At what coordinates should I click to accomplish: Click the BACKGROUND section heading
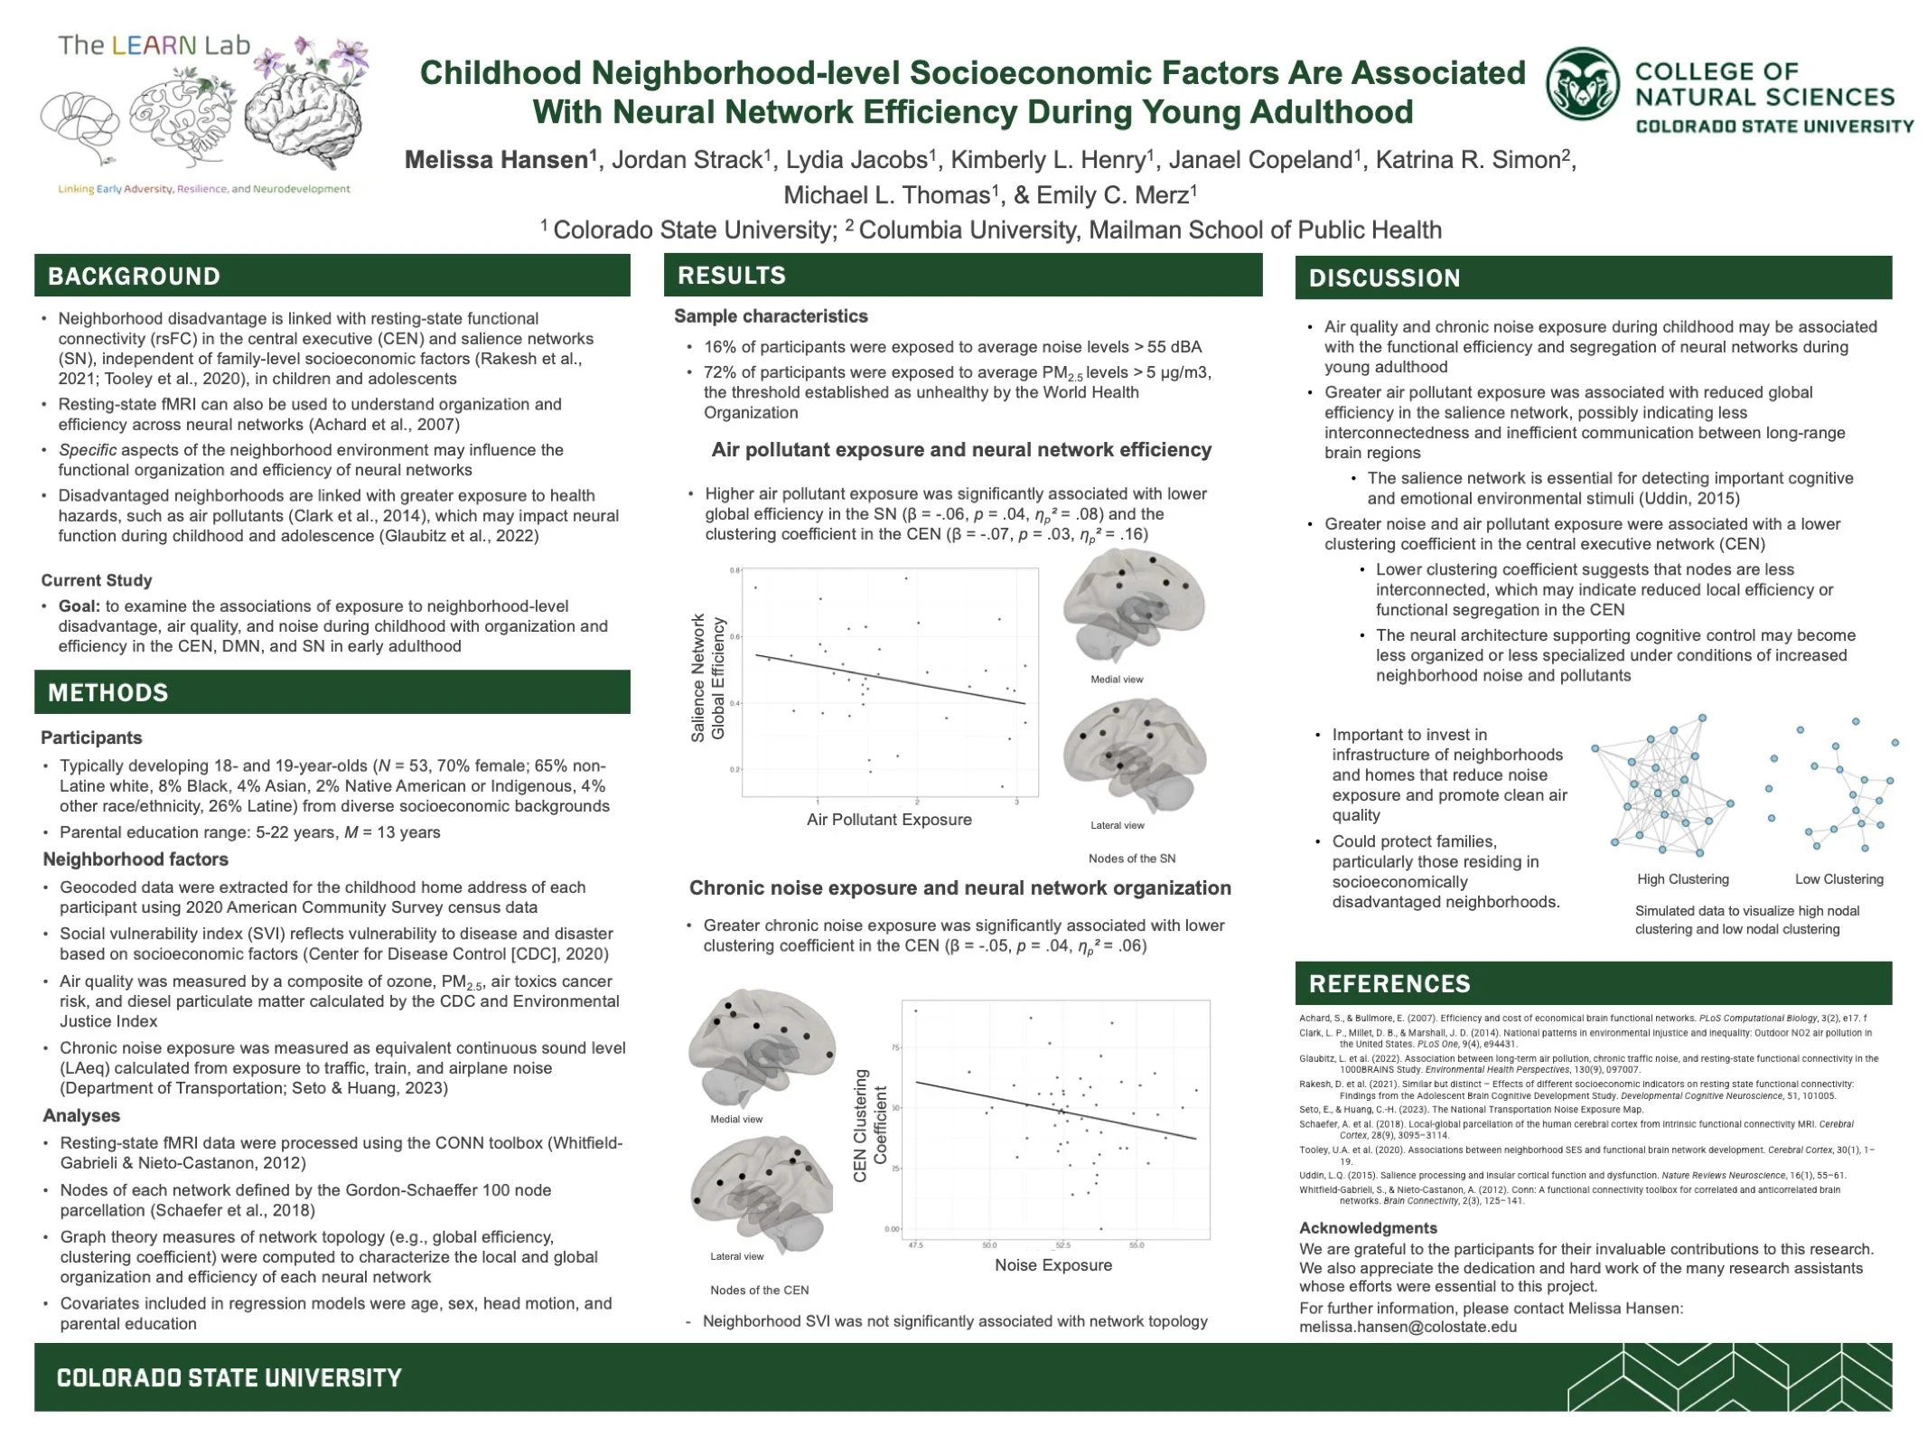[x=134, y=277]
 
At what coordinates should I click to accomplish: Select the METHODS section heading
[x=108, y=693]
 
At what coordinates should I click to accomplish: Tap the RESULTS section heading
[x=732, y=276]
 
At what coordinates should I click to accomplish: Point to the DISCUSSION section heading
[x=1384, y=278]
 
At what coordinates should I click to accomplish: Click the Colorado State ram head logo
[x=1582, y=84]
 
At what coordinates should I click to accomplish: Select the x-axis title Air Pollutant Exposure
[x=889, y=820]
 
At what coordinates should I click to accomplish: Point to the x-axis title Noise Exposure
[x=1052, y=1265]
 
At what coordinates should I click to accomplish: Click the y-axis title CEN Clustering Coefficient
[x=871, y=1126]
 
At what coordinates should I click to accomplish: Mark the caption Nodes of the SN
[x=1131, y=859]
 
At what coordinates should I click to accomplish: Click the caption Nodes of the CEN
[x=759, y=1290]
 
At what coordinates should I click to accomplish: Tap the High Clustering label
[x=1682, y=879]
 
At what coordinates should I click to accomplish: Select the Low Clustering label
[x=1838, y=879]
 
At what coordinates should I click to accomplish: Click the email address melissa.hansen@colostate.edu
[x=1408, y=1327]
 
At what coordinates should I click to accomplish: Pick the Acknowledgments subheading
[x=1368, y=1228]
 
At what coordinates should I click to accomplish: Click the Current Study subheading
[x=97, y=580]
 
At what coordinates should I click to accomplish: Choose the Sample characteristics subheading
[x=771, y=316]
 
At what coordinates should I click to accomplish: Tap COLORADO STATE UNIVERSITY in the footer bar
[x=229, y=1378]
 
